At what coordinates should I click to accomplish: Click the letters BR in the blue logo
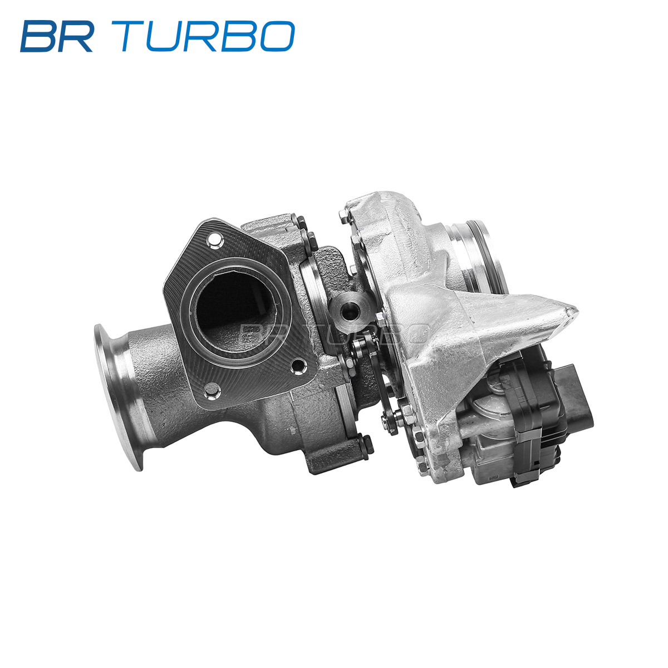pos(57,36)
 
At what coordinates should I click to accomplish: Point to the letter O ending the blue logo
pos(277,36)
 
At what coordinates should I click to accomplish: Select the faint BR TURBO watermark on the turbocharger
pos(335,333)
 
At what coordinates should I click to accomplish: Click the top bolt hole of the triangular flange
pos(214,239)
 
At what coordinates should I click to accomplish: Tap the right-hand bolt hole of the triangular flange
pos(298,366)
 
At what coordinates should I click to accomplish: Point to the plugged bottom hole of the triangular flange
pos(212,390)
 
